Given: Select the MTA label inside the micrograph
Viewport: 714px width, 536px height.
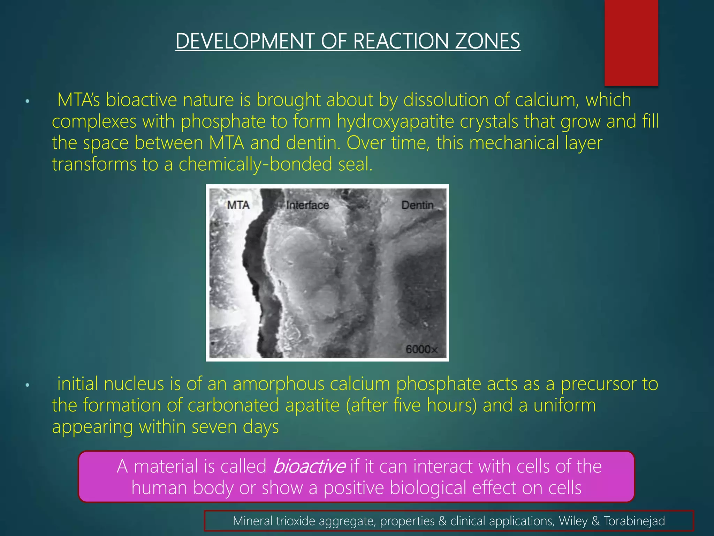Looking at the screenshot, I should click(x=238, y=205).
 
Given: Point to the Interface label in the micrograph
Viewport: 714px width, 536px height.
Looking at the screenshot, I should click(x=307, y=205).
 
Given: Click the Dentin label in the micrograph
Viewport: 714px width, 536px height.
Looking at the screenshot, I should click(x=417, y=205).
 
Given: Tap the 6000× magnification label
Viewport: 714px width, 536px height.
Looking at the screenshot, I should click(x=421, y=349).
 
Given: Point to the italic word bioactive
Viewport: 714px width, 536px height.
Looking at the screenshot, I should click(x=309, y=466).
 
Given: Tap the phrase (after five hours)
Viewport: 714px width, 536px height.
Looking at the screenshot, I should click(x=411, y=405).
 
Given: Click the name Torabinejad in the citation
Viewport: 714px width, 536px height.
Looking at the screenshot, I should click(x=634, y=521).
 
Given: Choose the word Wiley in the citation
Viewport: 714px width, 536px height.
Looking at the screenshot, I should click(x=573, y=521).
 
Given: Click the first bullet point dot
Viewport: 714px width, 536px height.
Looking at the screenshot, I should click(x=28, y=102).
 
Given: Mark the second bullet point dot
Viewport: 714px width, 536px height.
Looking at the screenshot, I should click(x=28, y=385).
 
